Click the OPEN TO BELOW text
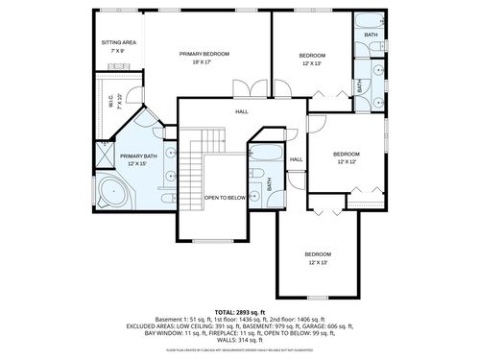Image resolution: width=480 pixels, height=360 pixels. coord(221,198)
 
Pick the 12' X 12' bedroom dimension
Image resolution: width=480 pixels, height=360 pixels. coord(346,163)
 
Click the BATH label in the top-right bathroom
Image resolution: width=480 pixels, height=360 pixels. coord(371,35)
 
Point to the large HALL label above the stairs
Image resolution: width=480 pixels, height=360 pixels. coord(242,112)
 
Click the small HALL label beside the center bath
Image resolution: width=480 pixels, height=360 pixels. coord(296,159)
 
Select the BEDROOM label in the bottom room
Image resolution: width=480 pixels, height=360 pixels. coord(318,253)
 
